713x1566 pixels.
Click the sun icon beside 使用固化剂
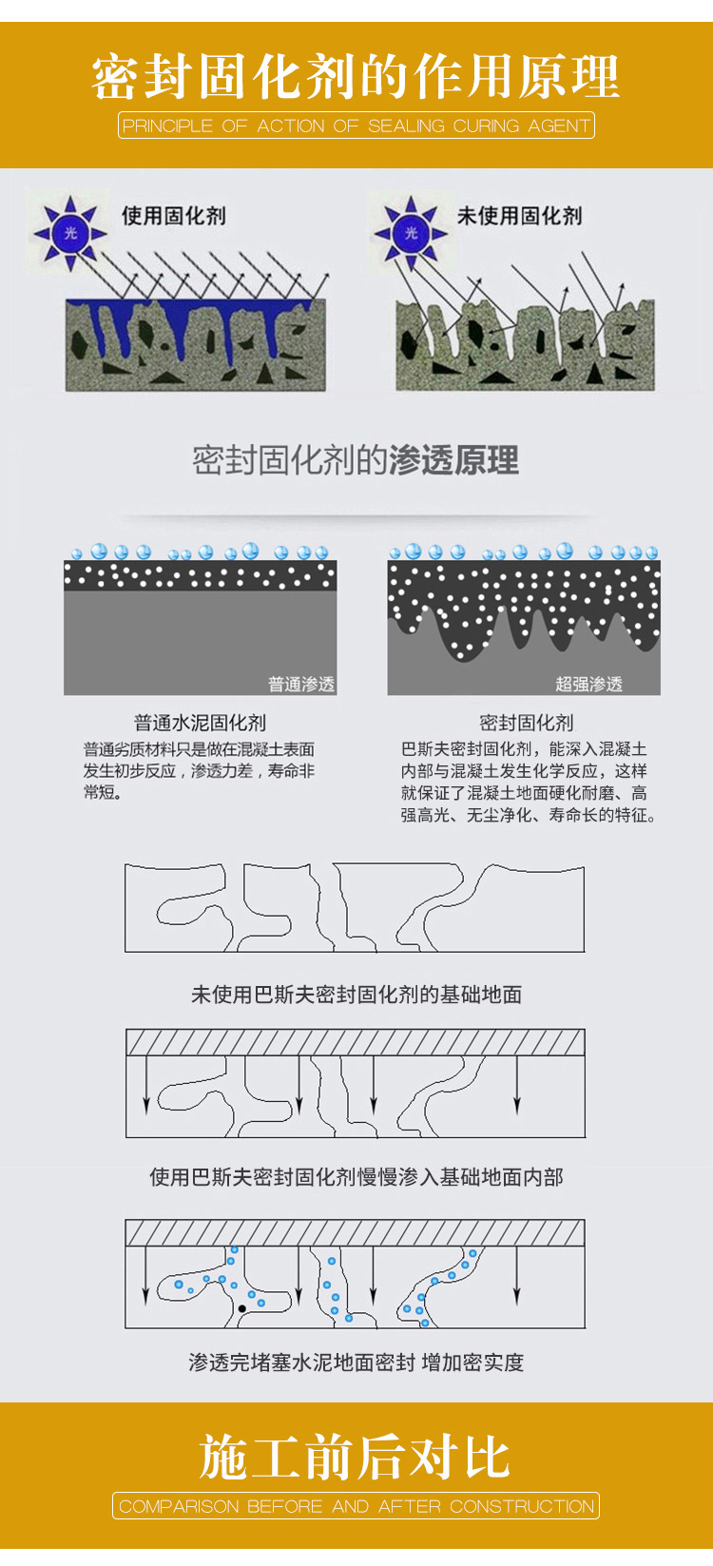point(70,233)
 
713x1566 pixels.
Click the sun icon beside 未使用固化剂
point(411,233)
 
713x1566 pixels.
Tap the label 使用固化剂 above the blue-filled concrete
point(173,215)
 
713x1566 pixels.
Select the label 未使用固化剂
point(519,215)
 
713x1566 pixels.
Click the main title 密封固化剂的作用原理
point(356,76)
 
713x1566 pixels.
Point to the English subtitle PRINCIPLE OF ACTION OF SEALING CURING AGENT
point(356,126)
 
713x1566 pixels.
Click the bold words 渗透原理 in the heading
point(453,460)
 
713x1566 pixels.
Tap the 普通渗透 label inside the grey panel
point(301,684)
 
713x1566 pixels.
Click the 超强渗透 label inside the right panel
point(588,684)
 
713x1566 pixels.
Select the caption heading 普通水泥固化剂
point(200,723)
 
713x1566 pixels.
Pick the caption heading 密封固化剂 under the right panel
point(527,723)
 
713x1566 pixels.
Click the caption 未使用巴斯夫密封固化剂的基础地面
point(356,995)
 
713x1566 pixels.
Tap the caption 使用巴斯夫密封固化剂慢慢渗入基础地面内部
point(356,1177)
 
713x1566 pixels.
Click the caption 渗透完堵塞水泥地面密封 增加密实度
point(356,1362)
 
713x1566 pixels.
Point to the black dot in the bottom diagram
point(241,1308)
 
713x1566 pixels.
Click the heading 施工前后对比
point(356,1457)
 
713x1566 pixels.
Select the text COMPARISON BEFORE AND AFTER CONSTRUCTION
point(356,1506)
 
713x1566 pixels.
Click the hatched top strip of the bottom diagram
point(356,1232)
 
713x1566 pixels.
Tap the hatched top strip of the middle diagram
point(356,1042)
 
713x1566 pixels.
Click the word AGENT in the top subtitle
point(559,126)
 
